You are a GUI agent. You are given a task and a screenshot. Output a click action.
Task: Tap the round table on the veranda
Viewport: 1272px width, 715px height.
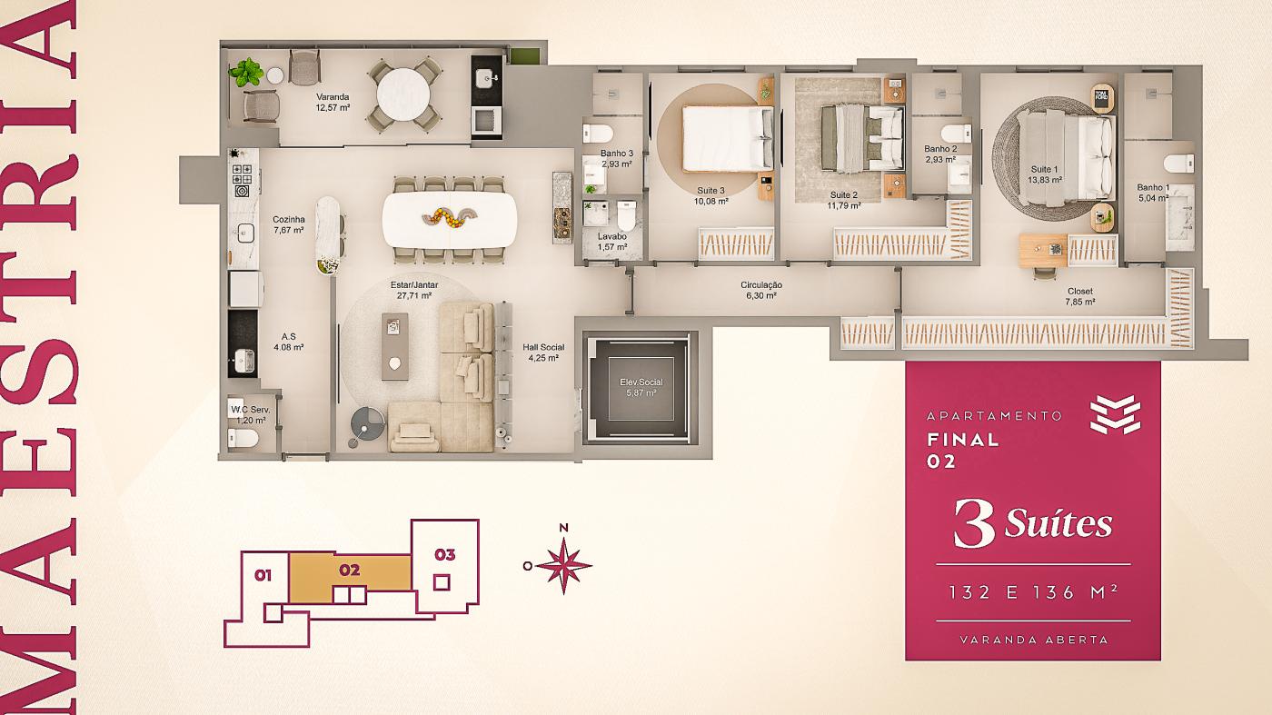pos(402,94)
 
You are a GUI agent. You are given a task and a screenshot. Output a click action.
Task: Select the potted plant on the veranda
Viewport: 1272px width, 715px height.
pos(246,73)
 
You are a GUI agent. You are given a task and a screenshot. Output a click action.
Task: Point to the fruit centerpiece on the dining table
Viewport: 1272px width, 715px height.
pos(449,216)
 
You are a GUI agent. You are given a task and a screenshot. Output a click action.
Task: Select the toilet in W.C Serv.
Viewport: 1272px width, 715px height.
pos(243,438)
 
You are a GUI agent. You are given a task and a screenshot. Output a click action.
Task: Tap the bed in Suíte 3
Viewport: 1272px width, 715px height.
pos(728,139)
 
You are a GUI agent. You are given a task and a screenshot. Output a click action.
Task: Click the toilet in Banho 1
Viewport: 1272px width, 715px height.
pos(1179,164)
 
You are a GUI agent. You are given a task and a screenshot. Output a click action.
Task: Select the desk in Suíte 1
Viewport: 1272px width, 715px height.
pos(1043,251)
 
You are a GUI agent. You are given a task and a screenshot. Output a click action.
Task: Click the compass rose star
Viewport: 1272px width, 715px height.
pos(563,566)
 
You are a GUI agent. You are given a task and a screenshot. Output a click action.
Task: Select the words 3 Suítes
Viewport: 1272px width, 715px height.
pos(1032,523)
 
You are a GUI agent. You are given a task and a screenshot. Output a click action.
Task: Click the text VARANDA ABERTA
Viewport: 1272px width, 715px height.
pos(1034,640)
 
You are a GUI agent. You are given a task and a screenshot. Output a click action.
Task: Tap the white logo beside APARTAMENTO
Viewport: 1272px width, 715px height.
pos(1116,414)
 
